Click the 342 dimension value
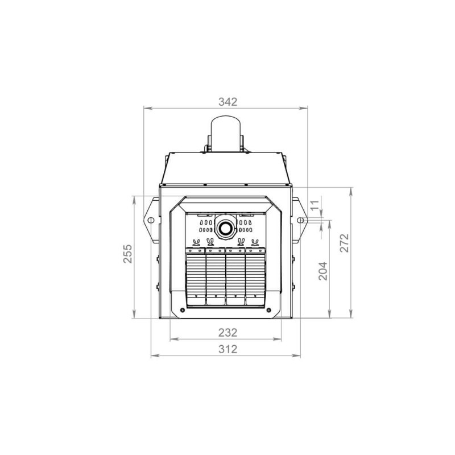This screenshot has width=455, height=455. coord(228,102)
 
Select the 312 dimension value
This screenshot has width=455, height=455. coord(228,349)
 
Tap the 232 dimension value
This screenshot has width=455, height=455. coord(228,333)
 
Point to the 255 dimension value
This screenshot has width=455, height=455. coord(127,254)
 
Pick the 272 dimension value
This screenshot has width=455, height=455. coord(345,243)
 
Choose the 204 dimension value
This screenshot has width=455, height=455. coord(323,271)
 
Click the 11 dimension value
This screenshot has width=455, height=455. coord(315,205)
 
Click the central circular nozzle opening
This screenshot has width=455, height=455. coord(225,228)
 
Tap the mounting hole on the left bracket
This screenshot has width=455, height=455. coord(151,220)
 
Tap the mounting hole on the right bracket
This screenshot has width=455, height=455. coord(301,220)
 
